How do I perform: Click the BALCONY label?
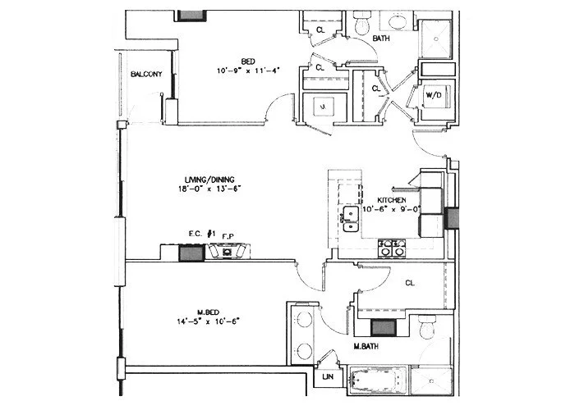146,75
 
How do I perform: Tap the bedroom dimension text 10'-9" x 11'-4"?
244,71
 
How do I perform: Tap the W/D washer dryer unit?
431,96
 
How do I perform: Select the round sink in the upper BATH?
398,21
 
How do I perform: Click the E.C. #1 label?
200,235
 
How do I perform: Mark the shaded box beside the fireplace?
191,253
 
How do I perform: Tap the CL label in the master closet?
409,284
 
